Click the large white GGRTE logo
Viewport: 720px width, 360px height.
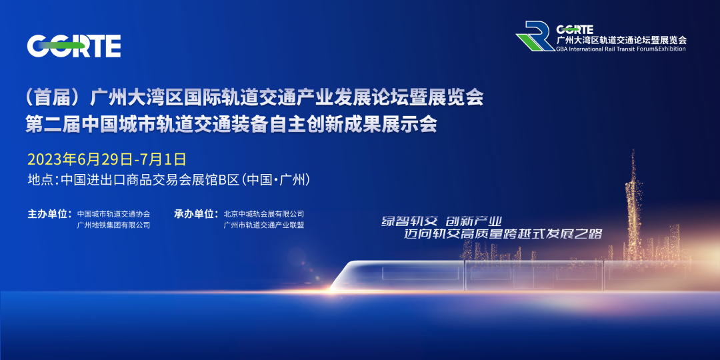click(74, 46)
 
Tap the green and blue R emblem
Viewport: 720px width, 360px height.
click(535, 35)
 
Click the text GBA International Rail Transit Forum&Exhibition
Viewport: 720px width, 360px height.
click(621, 49)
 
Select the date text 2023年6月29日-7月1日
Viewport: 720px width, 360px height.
click(107, 159)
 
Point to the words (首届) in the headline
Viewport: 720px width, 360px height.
click(55, 98)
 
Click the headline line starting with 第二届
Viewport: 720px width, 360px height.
click(231, 125)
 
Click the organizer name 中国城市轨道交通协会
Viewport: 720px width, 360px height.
click(113, 214)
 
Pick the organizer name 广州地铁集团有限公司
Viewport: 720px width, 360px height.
click(113, 225)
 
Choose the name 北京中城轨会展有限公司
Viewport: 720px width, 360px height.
click(263, 214)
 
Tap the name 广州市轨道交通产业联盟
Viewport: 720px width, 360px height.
click(263, 225)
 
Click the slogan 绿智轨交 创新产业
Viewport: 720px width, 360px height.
click(441, 221)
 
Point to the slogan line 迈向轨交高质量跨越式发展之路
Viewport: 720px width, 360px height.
click(503, 234)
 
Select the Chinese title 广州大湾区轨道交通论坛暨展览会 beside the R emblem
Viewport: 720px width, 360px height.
click(621, 39)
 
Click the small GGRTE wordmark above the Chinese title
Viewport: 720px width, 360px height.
click(575, 29)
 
